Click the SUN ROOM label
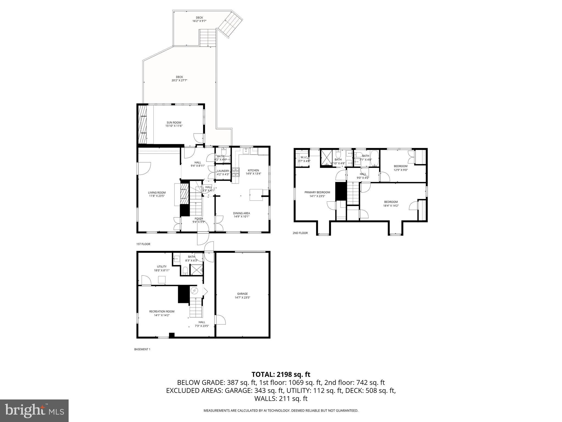174,124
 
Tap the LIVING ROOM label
157,194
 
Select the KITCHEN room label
253,172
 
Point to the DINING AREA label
241,215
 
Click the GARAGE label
242,295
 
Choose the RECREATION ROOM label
162,313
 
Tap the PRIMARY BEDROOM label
317,194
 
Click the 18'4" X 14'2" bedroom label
391,204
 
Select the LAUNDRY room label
223,173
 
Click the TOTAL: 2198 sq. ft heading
281,374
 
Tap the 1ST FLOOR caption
143,244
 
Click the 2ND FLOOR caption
300,233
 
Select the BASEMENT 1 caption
142,349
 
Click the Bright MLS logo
34,410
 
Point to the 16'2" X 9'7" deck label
199,19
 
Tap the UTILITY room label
162,268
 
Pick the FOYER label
199,220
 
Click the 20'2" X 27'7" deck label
179,79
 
